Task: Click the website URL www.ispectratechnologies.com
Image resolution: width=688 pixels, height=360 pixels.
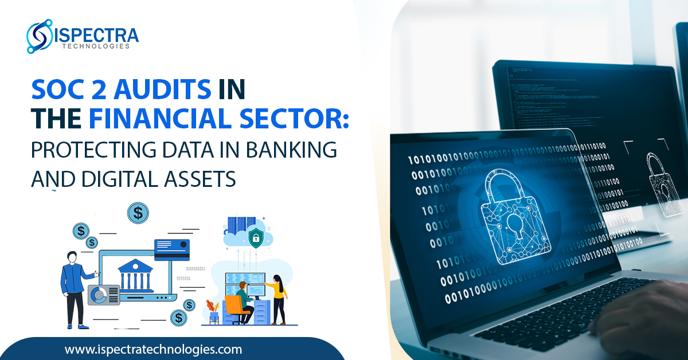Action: pos(153,349)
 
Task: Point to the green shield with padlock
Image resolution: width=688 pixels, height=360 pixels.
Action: pos(255,236)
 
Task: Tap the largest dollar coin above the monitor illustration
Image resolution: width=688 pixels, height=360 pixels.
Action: pos(138,213)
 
